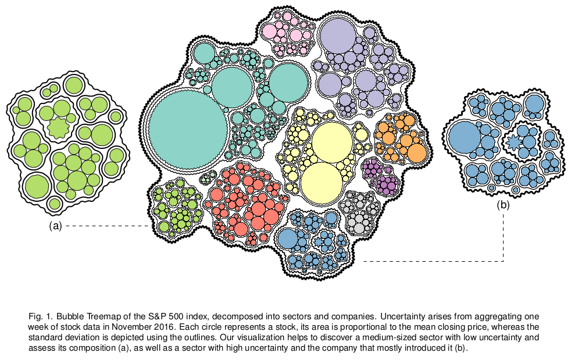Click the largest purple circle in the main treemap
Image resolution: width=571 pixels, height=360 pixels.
(338, 36)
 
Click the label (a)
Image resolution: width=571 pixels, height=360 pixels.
(55, 227)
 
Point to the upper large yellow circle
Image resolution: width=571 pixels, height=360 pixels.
(331, 142)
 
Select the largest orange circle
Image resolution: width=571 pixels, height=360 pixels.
(417, 152)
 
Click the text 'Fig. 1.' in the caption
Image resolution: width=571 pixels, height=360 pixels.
(40, 317)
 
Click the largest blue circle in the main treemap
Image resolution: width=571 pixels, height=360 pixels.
(288, 238)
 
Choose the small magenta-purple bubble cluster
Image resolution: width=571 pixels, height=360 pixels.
(379, 176)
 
